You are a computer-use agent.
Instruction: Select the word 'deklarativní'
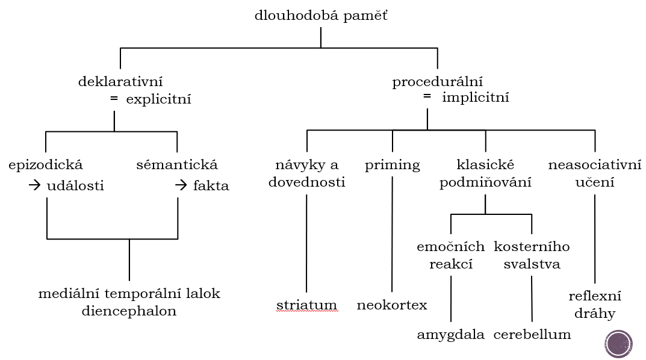pos(120,81)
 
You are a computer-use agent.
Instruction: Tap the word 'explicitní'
pos(158,99)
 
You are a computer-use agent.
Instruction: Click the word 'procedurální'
pos(438,81)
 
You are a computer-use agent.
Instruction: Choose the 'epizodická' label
pos(46,165)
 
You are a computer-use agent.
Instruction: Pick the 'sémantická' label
pos(177,165)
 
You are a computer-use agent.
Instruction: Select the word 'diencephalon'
pos(129,312)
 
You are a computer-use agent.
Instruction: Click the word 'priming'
pos(393,165)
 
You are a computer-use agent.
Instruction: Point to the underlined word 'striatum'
pos(307,305)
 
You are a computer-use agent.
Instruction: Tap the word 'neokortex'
pos(392,305)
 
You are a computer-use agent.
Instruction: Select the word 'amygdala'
pos(451,335)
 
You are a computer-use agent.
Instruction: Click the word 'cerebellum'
pos(532,335)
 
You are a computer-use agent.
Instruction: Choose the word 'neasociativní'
pos(595,165)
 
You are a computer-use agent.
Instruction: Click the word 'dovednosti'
pos(307,182)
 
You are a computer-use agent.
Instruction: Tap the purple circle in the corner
pos(618,344)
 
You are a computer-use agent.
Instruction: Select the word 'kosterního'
pos(532,247)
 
